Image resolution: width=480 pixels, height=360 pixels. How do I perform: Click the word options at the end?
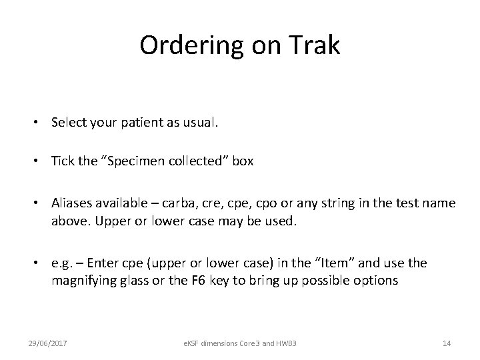(375, 280)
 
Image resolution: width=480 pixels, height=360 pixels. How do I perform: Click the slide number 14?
(447, 342)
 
